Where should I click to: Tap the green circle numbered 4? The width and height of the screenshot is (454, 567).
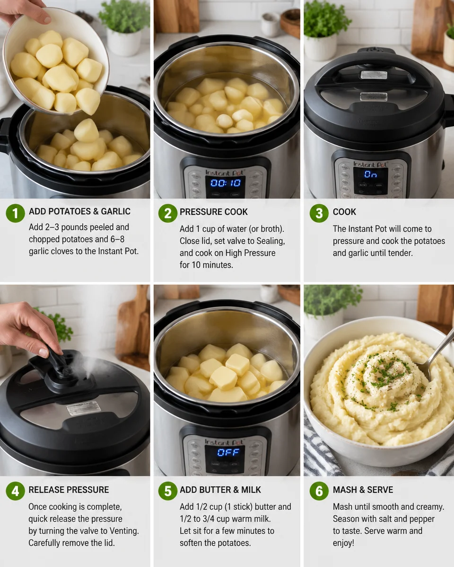[15, 491]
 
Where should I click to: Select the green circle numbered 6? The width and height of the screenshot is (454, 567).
[319, 491]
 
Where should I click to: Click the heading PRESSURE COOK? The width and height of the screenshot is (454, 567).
[213, 212]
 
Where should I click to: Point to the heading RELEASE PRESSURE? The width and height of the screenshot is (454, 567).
[69, 490]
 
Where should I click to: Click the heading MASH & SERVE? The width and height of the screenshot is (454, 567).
[363, 490]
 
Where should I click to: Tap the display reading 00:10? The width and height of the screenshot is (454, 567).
[226, 182]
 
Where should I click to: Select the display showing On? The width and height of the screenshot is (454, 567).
[370, 174]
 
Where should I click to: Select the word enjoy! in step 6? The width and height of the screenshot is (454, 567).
[343, 543]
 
